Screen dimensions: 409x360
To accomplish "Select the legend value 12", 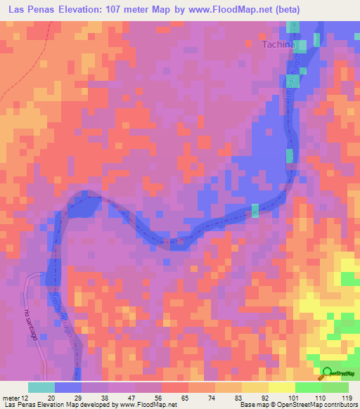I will click(x=26, y=398).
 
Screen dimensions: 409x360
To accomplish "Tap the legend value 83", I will click(x=241, y=398).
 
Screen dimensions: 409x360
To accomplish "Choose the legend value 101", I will click(x=295, y=398).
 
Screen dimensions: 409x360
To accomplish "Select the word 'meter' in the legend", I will click(x=11, y=398).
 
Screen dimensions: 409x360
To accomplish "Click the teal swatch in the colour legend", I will click(x=41, y=387).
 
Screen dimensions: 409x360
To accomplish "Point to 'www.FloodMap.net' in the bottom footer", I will click(x=147, y=405).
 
